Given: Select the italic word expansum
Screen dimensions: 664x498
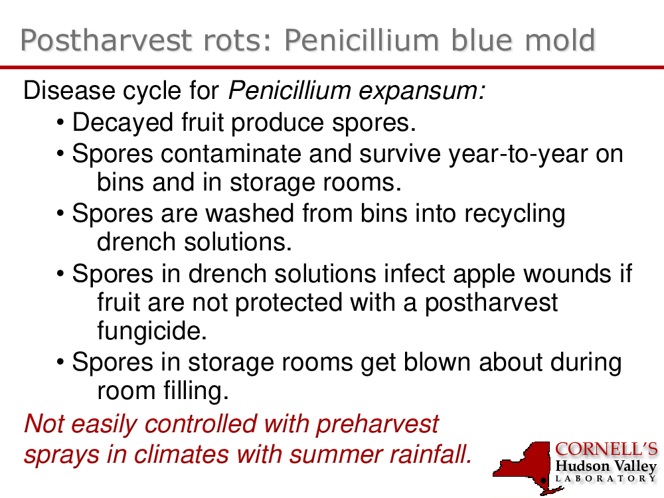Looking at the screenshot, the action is point(422,91).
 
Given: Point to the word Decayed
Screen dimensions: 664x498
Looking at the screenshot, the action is point(123,123).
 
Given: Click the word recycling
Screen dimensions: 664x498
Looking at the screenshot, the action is point(515,214).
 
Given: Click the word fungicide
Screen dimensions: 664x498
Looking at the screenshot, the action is point(152,331).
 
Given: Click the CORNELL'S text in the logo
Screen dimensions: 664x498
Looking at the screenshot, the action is point(606,450).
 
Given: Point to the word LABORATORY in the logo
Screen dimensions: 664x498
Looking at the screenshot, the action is point(606,479).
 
